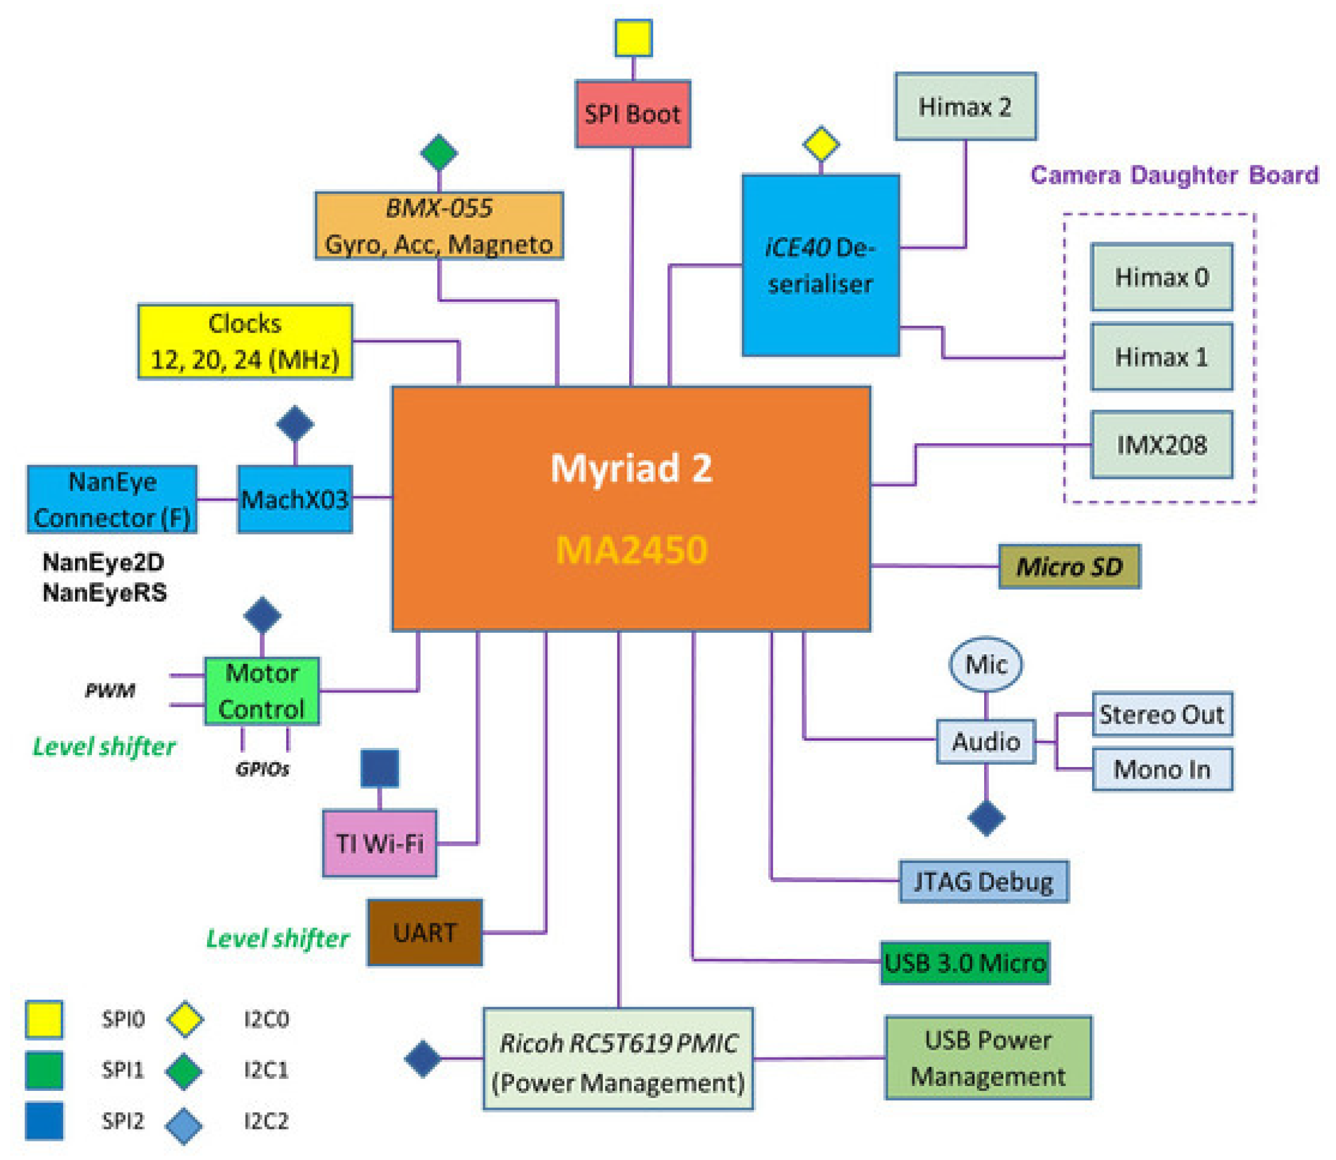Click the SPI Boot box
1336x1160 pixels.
[x=632, y=114]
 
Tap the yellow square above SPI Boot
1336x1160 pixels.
[x=633, y=38]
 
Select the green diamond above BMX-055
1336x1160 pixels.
[x=439, y=153]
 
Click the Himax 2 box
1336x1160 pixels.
[x=965, y=106]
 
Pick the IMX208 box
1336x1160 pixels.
[x=1161, y=445]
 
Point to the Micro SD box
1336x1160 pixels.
[x=1069, y=567]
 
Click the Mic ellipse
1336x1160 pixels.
[x=986, y=664]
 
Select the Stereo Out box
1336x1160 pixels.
[x=1162, y=714]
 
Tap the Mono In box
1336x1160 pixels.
[x=1162, y=769]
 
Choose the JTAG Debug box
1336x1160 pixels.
[x=984, y=881]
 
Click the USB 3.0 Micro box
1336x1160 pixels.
[x=964, y=963]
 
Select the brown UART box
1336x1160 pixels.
[x=425, y=932]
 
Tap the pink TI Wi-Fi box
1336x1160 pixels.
[x=379, y=843]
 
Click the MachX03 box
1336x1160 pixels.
[x=295, y=499]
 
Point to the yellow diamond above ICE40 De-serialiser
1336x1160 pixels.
[x=821, y=144]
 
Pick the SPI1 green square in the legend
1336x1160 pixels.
[x=44, y=1070]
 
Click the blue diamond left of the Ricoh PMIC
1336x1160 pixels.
[x=423, y=1059]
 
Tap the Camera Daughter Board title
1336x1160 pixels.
[x=1174, y=175]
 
